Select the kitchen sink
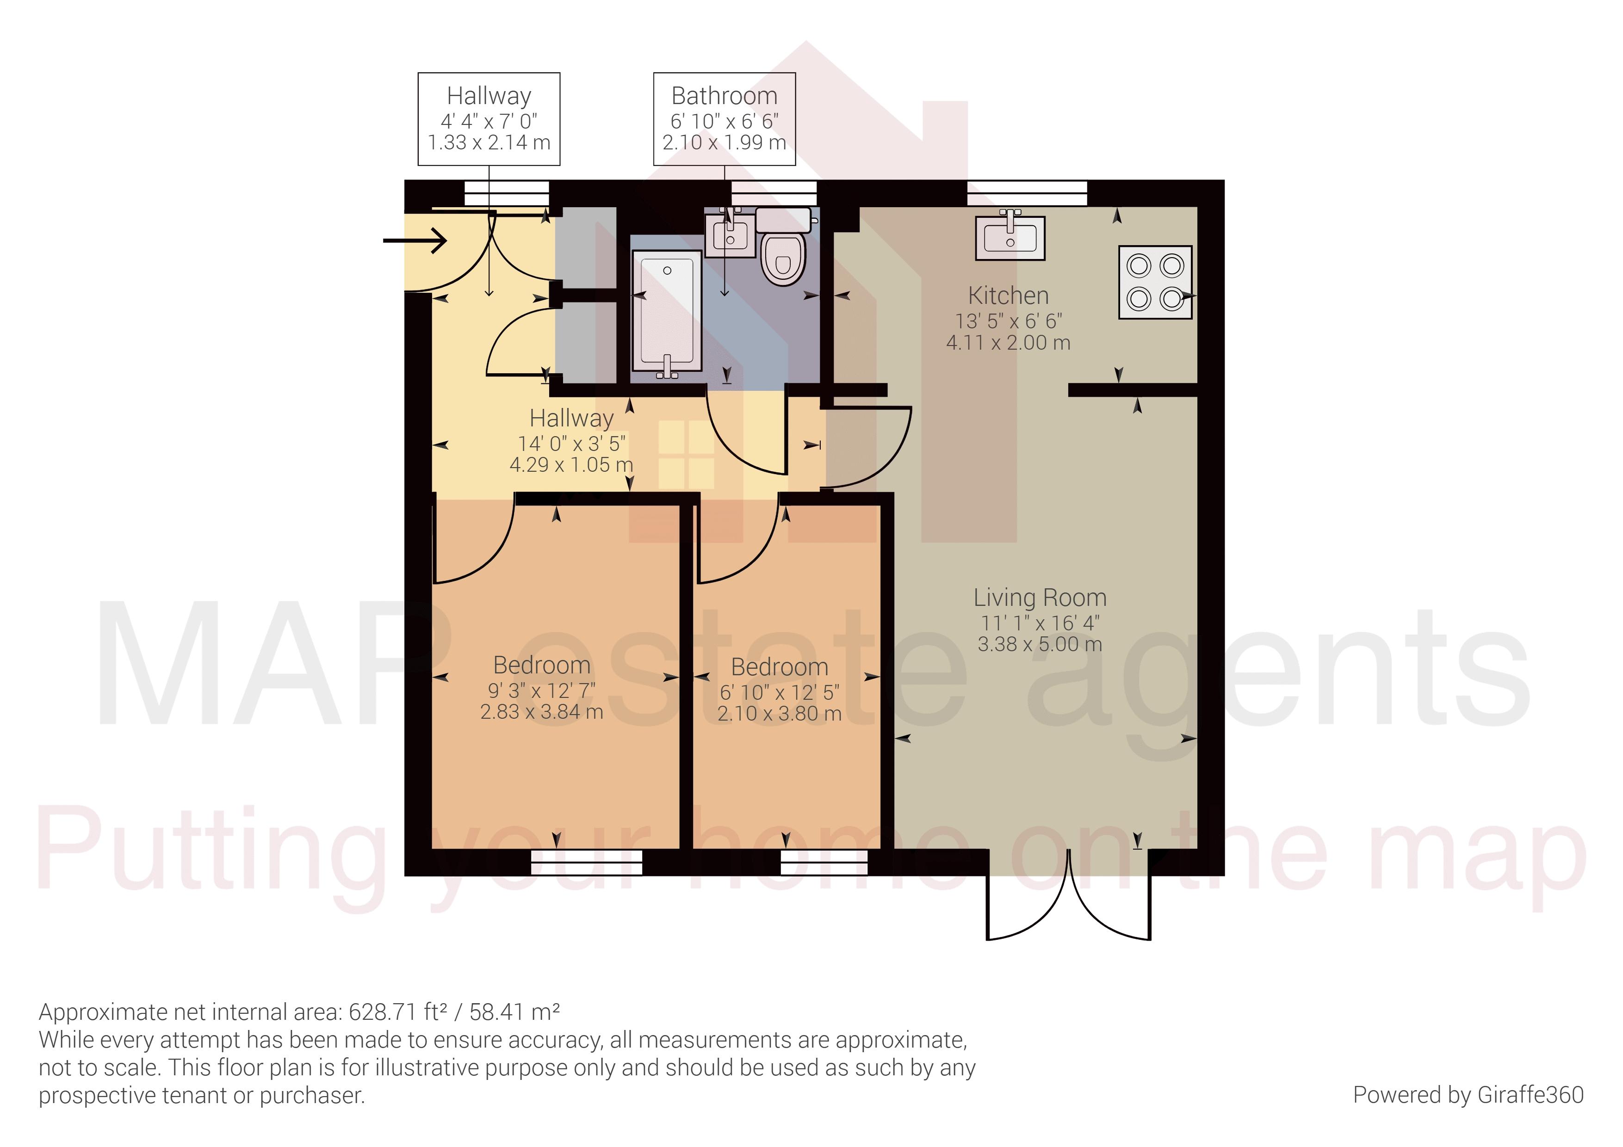[1010, 238]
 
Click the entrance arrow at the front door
[415, 241]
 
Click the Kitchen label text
[1008, 296]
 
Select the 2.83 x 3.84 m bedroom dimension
[541, 712]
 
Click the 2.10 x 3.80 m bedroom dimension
[779, 714]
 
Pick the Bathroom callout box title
[724, 95]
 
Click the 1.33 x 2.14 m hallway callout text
[489, 143]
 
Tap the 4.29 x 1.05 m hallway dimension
[571, 465]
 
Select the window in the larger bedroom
[587, 862]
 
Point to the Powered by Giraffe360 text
[1468, 1095]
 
